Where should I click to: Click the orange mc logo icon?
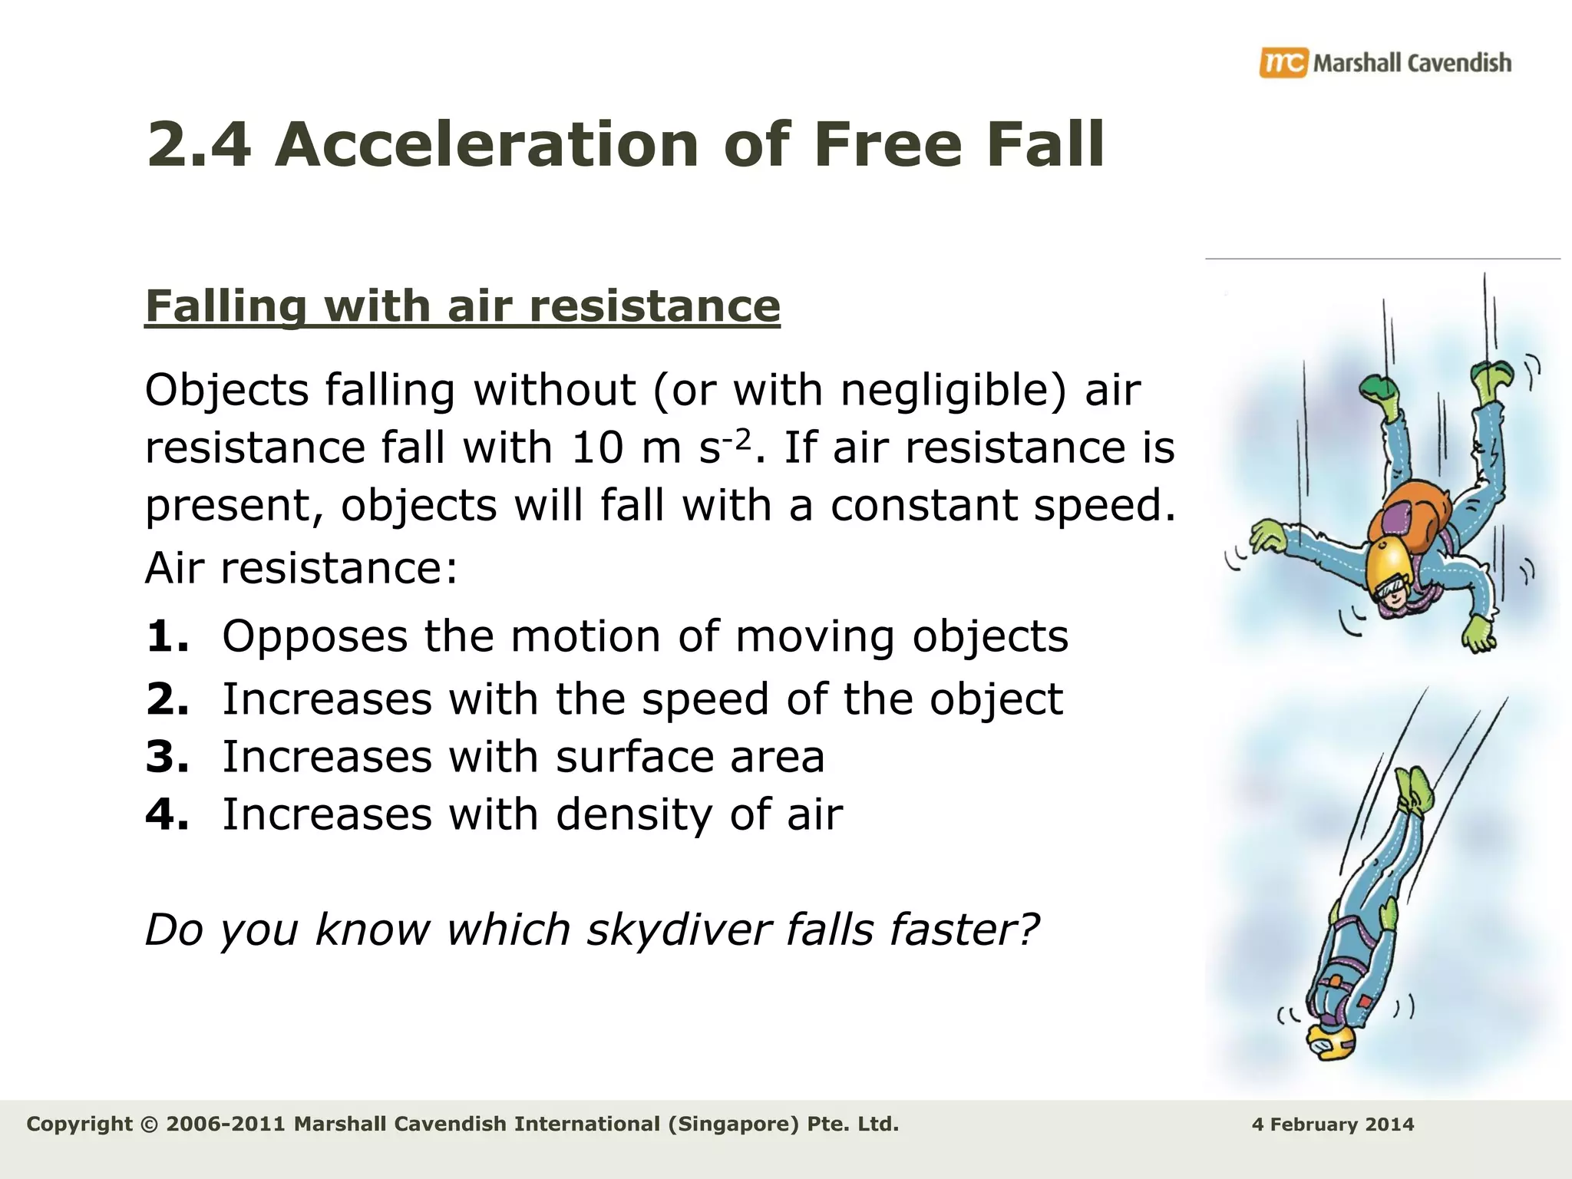tap(1283, 62)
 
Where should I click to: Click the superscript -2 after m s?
tap(738, 439)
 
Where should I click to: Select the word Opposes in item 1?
tap(315, 636)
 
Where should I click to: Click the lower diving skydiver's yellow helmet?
tap(1330, 1043)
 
